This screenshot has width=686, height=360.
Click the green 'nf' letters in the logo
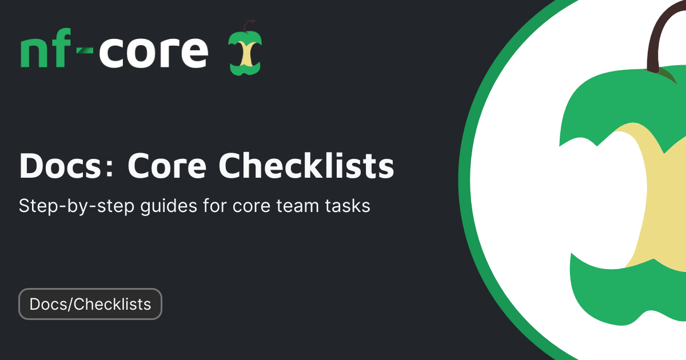[46, 53]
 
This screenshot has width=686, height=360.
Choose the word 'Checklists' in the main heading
[307, 166]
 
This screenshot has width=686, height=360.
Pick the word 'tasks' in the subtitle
[349, 206]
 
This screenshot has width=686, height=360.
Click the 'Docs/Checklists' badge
[90, 304]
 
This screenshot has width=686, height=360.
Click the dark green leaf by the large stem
[668, 75]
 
